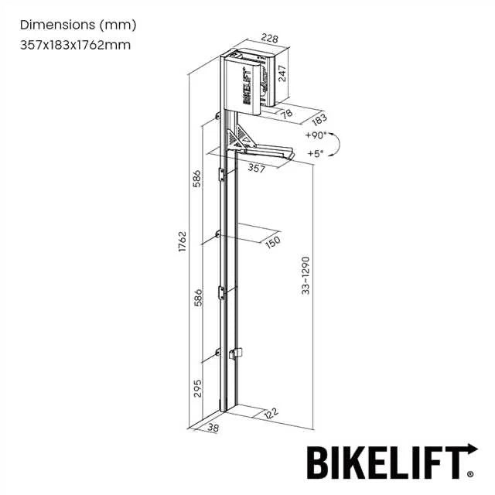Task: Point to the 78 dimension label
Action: coord(285,114)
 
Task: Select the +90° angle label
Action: coord(316,135)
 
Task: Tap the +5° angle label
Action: coord(315,153)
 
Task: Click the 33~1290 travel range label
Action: coord(306,275)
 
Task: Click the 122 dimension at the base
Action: coord(270,415)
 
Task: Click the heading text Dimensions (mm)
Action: coord(77,25)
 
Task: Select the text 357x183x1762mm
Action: coord(75,44)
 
